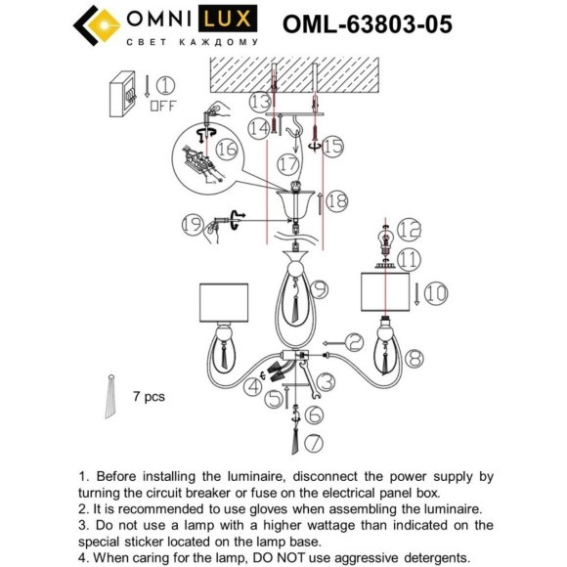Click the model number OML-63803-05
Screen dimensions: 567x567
pos(367,23)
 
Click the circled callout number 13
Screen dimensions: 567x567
pos(259,102)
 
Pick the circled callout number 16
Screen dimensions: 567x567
pos(227,149)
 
